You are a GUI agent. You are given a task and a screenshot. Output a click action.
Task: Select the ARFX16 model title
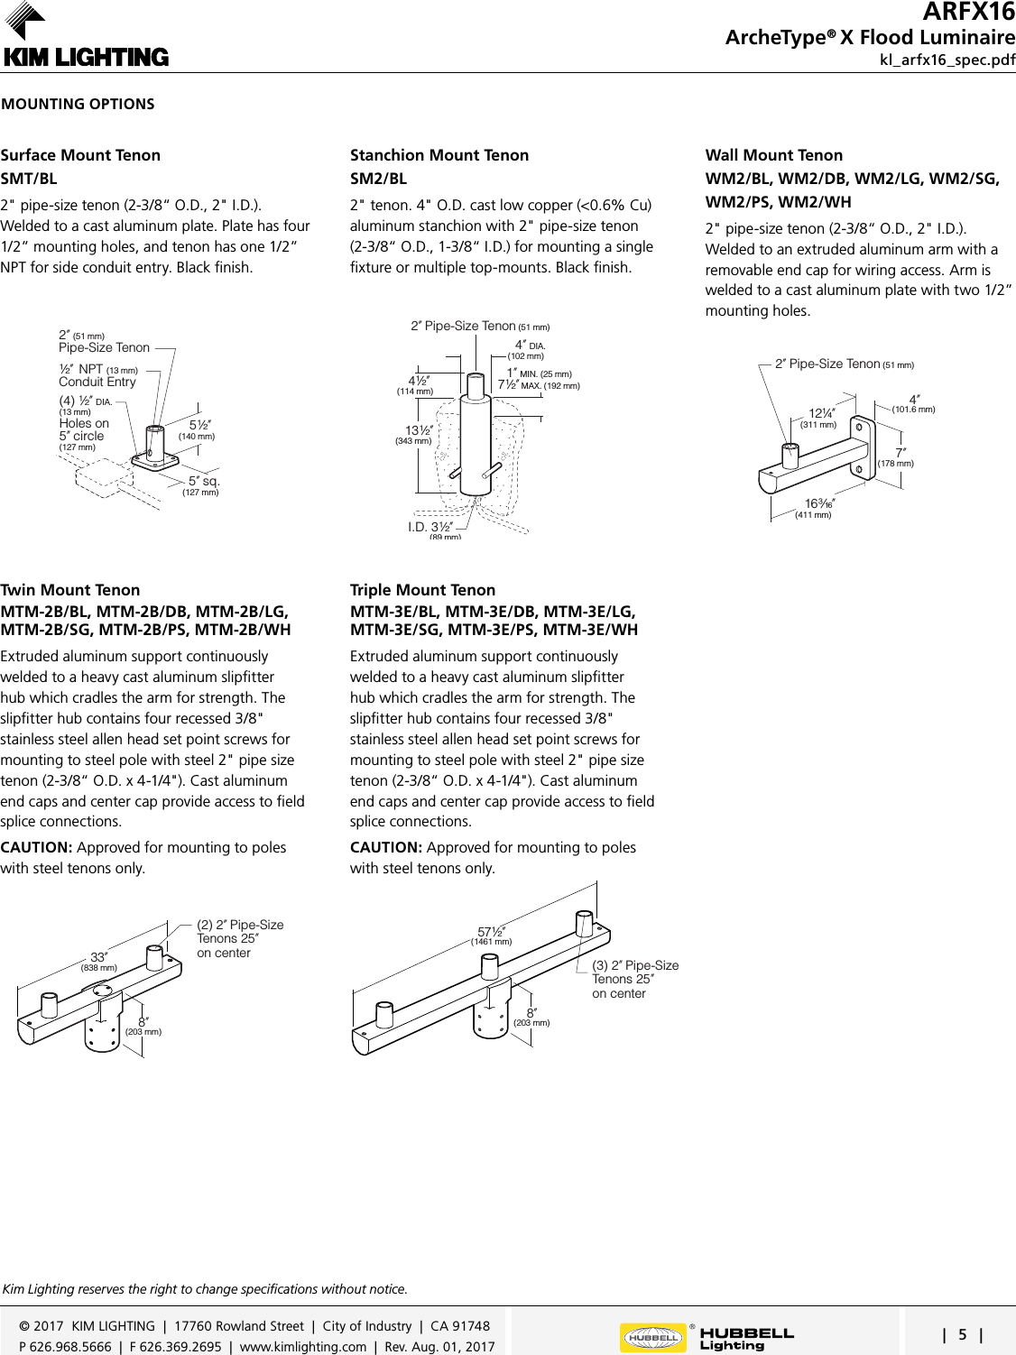968,13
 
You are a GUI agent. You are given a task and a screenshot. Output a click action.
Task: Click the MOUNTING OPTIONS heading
78,104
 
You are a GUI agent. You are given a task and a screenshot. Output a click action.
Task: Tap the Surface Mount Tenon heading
80,155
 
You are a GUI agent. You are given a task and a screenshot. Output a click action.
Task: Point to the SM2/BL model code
378,179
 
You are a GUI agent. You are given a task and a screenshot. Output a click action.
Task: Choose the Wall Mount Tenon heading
773,155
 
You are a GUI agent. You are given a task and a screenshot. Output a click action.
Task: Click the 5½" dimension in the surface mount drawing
200,426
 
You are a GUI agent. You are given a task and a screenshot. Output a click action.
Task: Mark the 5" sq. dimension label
203,483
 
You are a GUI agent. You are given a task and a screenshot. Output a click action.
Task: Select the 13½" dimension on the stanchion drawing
418,432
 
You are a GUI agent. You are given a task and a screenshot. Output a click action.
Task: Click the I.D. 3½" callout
430,528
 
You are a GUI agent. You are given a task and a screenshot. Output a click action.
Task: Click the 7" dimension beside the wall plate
899,454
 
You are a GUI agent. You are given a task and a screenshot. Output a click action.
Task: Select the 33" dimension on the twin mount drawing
99,958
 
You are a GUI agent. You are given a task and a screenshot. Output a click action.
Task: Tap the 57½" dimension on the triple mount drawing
491,933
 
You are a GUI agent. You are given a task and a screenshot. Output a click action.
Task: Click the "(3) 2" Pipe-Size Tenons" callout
634,979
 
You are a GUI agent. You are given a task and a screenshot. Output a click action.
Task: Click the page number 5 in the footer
962,1335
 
